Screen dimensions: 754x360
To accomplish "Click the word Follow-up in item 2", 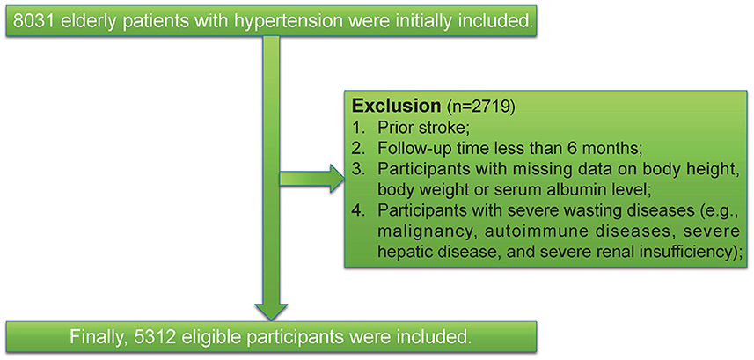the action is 413,148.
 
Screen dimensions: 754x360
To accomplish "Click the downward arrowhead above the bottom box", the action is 271,312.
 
